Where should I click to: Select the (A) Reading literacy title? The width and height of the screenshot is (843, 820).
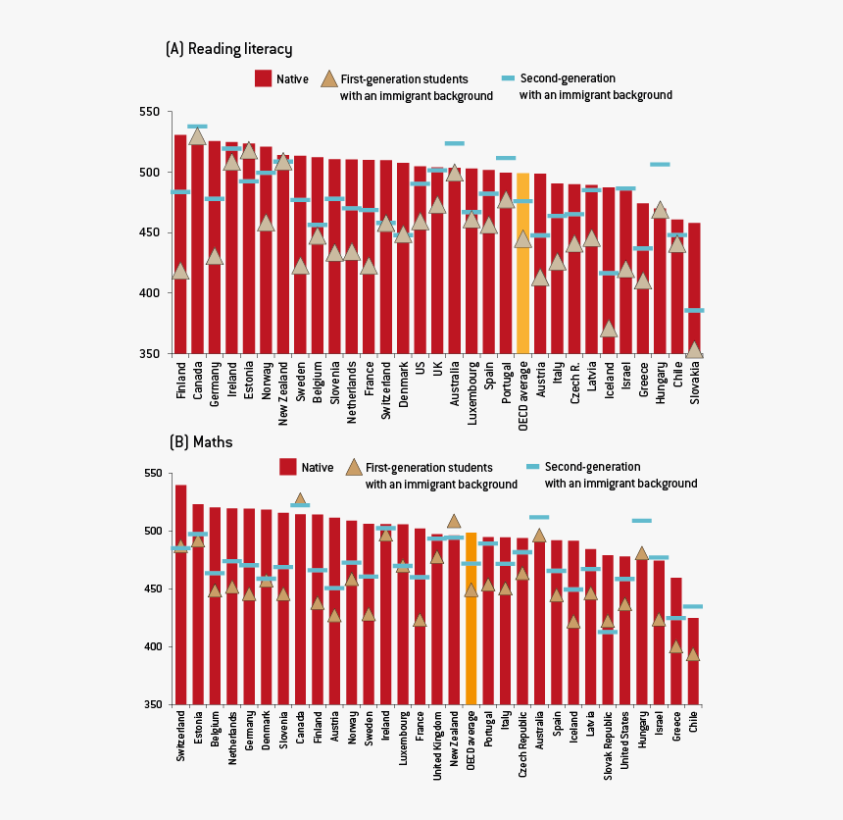229,49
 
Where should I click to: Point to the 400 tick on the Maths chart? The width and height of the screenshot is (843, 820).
152,647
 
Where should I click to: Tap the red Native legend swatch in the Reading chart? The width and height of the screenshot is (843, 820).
263,78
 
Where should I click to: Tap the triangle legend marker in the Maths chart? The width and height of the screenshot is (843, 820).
353,468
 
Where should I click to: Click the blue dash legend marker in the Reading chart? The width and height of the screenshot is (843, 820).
508,77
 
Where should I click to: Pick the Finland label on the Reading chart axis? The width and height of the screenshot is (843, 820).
181,381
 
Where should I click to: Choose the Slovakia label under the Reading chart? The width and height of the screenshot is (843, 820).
695,384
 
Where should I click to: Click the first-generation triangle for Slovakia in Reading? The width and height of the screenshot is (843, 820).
694,350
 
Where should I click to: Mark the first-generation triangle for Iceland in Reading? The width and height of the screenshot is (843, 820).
609,330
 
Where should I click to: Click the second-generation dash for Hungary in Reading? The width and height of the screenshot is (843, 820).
660,164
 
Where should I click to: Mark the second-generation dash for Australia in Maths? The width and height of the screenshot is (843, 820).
539,517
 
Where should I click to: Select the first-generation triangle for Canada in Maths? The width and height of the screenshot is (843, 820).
300,499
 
